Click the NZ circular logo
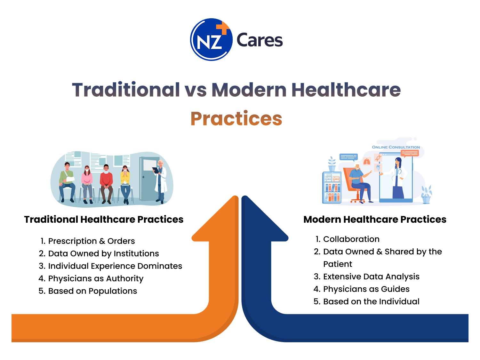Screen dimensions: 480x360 coord(211,40)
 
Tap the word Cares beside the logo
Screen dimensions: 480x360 coord(260,40)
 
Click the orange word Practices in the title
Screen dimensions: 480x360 coord(236,119)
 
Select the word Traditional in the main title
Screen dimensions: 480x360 coord(126,90)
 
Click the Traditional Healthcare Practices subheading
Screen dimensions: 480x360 coord(104,220)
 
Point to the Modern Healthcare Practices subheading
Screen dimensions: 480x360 coord(375,220)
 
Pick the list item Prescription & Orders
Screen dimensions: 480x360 coord(87,241)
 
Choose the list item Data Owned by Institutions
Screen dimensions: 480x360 coord(99,253)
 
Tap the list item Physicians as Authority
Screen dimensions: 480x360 coord(91,279)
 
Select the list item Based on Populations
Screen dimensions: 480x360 coord(88,291)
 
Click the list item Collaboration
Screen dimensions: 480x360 coord(348,239)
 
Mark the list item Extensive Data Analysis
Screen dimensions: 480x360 coord(366,277)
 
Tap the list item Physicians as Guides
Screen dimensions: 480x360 coord(362,289)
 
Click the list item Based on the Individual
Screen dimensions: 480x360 coord(366,302)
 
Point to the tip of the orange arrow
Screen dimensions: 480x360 coord(236,196)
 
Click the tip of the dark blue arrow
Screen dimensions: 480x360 coord(245,196)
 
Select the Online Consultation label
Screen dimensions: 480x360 coord(396,147)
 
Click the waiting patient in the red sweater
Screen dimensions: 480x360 coord(106,184)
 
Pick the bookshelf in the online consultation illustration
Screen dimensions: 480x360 coord(332,187)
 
